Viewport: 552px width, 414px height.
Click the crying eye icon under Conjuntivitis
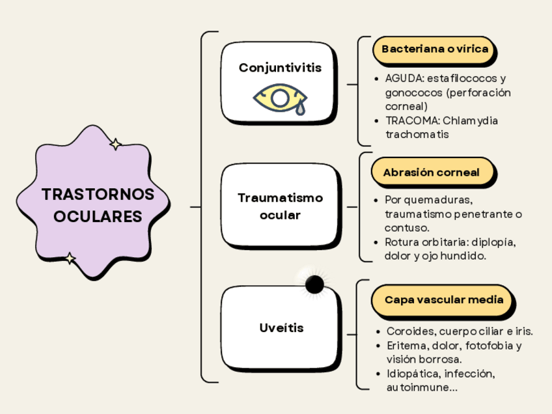point(280,98)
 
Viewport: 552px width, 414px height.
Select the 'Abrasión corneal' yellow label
point(431,172)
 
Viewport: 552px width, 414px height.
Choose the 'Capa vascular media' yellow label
point(444,299)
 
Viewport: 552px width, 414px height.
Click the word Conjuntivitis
point(280,68)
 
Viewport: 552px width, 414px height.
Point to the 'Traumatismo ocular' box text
point(280,206)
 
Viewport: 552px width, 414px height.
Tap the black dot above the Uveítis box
point(314,284)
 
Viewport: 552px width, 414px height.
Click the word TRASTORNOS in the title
point(98,195)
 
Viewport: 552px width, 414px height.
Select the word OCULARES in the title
point(98,216)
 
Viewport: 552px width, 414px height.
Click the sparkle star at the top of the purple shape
point(115,145)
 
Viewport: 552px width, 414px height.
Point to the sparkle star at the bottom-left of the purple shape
point(70,258)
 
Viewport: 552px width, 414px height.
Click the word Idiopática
point(413,374)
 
